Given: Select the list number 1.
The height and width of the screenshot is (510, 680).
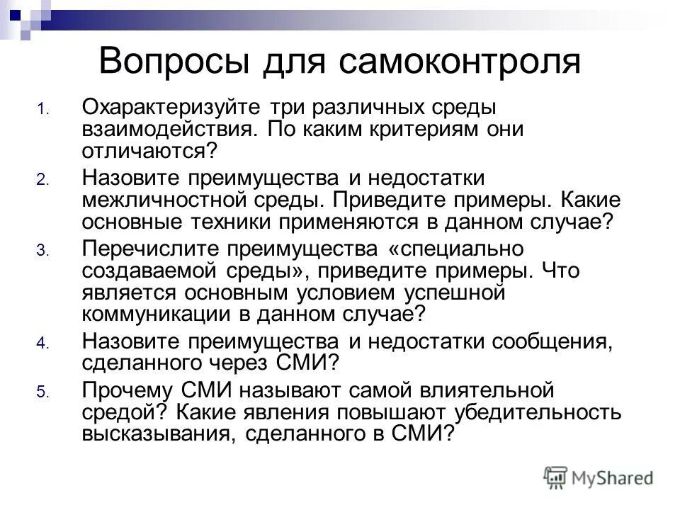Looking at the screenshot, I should (x=42, y=110).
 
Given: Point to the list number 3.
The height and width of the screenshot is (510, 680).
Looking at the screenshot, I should (x=42, y=250).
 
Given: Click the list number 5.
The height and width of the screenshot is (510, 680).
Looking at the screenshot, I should (x=42, y=392).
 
